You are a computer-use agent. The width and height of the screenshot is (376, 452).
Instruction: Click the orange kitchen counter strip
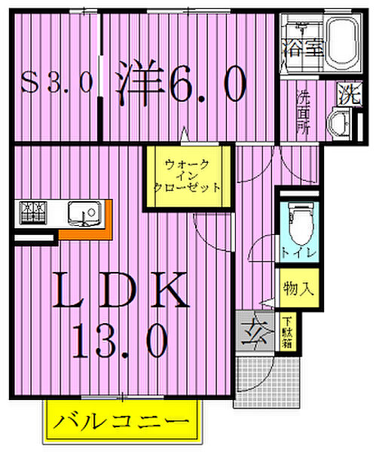(87, 233)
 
